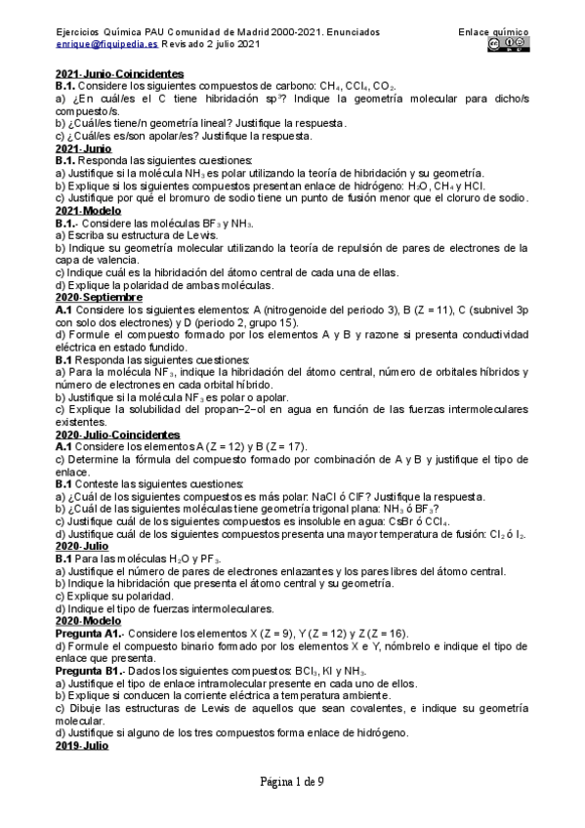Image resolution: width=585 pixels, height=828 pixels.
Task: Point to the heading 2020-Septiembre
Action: [99, 297]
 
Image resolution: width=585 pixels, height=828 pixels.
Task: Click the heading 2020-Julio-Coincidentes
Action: [118, 434]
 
